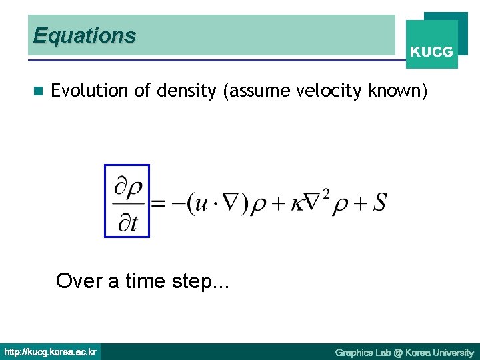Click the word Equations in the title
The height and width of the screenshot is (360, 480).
pyautogui.click(x=84, y=35)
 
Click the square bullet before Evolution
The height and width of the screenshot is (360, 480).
pyautogui.click(x=38, y=91)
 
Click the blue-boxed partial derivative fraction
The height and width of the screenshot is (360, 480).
pyautogui.click(x=127, y=201)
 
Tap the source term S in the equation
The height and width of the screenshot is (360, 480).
pyautogui.click(x=379, y=202)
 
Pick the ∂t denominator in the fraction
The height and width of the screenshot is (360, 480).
pyautogui.click(x=127, y=223)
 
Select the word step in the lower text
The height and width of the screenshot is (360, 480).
pyautogui.click(x=200, y=281)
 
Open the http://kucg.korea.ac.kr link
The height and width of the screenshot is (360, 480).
pyautogui.click(x=51, y=352)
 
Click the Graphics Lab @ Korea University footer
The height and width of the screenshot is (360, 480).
pyautogui.click(x=404, y=352)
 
